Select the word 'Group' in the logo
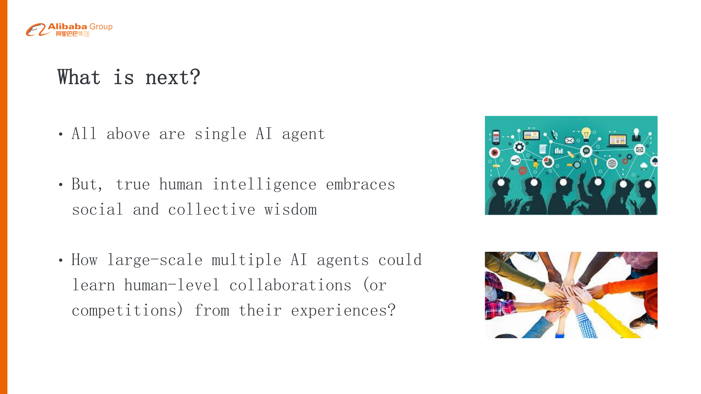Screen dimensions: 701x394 (101, 27)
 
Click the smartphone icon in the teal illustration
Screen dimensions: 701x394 (496, 137)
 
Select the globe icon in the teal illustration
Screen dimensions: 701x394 (612, 164)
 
